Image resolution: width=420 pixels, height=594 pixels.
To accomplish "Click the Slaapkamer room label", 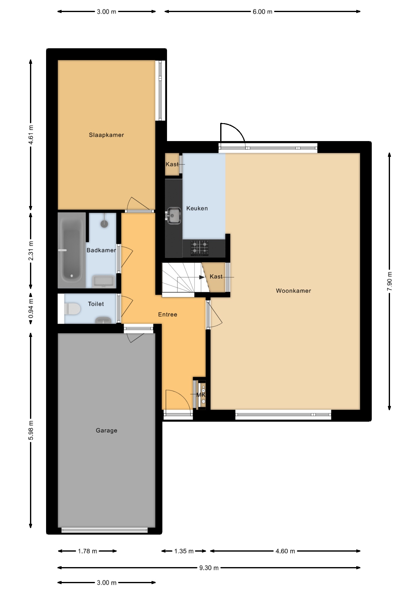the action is pyautogui.click(x=106, y=135).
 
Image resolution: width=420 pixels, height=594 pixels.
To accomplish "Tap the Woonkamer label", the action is pyautogui.click(x=294, y=291).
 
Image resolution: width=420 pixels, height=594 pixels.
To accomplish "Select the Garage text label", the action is pyautogui.click(x=106, y=430).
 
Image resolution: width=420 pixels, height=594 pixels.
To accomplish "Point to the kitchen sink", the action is pyautogui.click(x=174, y=215).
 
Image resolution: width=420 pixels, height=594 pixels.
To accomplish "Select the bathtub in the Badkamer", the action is pyautogui.click(x=72, y=250).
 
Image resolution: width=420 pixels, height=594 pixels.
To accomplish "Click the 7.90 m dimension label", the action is pyautogui.click(x=389, y=281).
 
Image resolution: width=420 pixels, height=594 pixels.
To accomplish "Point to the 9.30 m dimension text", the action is pyautogui.click(x=209, y=568).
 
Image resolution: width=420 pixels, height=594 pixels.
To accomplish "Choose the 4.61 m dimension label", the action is pyautogui.click(x=31, y=135).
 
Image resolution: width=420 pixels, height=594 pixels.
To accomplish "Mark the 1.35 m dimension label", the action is pyautogui.click(x=184, y=551).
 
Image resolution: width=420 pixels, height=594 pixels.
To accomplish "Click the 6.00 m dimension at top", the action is pyautogui.click(x=263, y=12).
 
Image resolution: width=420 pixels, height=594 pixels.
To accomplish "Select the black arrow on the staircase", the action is pyautogui.click(x=202, y=277).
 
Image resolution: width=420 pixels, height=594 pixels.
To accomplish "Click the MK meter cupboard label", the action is pyautogui.click(x=201, y=395).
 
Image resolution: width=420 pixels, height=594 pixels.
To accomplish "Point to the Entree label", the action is pyautogui.click(x=168, y=315).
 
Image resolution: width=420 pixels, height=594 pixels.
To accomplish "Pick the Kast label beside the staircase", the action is pyautogui.click(x=216, y=277).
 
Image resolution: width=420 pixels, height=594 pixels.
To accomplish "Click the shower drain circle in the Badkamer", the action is pyautogui.click(x=105, y=224).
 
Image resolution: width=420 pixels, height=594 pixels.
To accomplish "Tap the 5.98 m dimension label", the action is pyautogui.click(x=31, y=430).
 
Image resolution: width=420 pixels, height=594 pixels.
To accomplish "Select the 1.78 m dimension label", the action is pyautogui.click(x=88, y=551).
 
